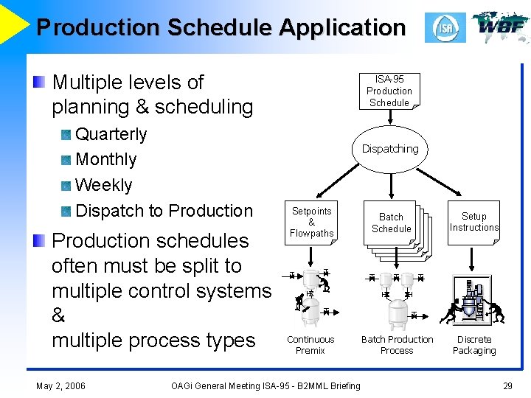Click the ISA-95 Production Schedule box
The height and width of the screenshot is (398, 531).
click(x=389, y=91)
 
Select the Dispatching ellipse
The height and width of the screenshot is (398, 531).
click(x=389, y=149)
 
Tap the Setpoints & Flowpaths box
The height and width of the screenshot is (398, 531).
click(x=311, y=222)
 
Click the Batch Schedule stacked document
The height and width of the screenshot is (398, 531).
click(x=392, y=224)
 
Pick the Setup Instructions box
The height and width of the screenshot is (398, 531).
click(x=474, y=222)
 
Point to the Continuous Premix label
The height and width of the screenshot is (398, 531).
click(x=310, y=345)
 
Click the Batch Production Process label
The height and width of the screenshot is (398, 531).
click(x=397, y=345)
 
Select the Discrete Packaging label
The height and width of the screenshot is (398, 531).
click(x=474, y=345)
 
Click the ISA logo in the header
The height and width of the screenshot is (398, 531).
click(x=445, y=28)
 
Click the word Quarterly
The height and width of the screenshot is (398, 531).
click(x=111, y=135)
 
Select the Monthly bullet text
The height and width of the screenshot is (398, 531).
click(x=106, y=160)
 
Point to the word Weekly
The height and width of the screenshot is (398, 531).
click(x=104, y=185)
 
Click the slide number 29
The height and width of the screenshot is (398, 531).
click(x=507, y=385)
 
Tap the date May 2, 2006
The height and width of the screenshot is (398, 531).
click(x=60, y=385)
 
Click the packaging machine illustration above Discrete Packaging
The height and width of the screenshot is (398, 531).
click(x=473, y=302)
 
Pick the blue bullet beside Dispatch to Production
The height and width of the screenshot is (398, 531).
click(x=66, y=212)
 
